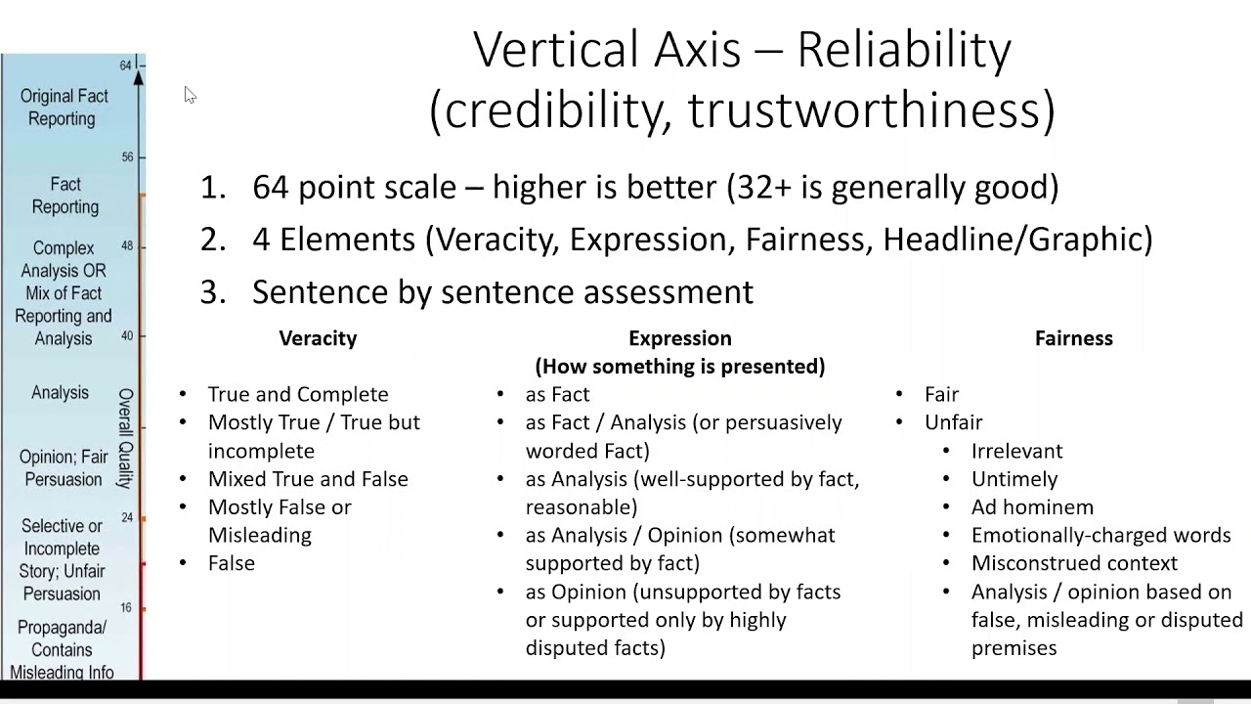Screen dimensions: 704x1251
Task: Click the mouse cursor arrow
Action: [190, 95]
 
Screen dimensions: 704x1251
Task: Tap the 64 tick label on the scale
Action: [126, 66]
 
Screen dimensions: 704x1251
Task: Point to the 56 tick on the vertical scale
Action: [128, 156]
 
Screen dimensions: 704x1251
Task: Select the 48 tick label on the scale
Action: [127, 245]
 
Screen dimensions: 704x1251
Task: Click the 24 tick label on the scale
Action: [127, 517]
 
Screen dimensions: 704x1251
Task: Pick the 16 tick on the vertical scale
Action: [127, 607]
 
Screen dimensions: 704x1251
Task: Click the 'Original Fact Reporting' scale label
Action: [64, 108]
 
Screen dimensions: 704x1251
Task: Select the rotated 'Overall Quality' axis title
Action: [126, 438]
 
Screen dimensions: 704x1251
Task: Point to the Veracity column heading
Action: [318, 338]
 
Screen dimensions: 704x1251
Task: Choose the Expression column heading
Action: [679, 338]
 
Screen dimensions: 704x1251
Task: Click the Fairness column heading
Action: [1073, 338]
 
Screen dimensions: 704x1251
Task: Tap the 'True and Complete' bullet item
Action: [298, 394]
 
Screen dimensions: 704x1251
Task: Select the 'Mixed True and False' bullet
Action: [308, 479]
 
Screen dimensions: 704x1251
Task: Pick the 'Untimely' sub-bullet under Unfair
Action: [1014, 479]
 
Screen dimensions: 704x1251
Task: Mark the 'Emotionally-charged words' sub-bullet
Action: [1100, 536]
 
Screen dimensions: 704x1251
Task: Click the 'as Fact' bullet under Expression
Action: [557, 394]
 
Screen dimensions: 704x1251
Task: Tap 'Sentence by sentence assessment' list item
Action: [502, 291]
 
